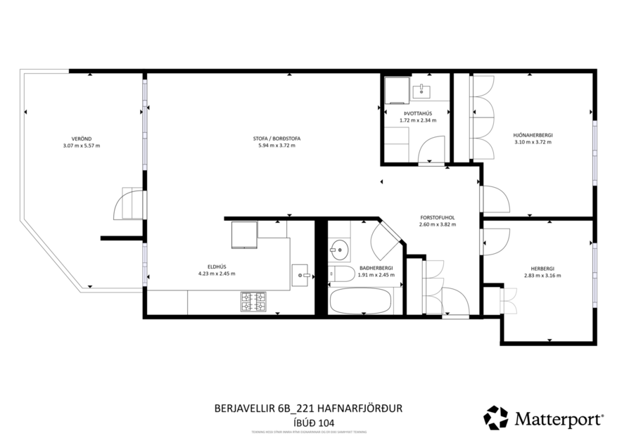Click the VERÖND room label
click(x=81, y=139)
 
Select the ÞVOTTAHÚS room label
click(x=417, y=113)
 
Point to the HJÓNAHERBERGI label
click(x=533, y=134)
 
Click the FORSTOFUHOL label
click(x=437, y=217)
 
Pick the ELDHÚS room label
click(x=216, y=267)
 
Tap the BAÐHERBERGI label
click(x=376, y=268)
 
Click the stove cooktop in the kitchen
click(x=254, y=302)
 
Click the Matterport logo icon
click(x=495, y=418)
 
